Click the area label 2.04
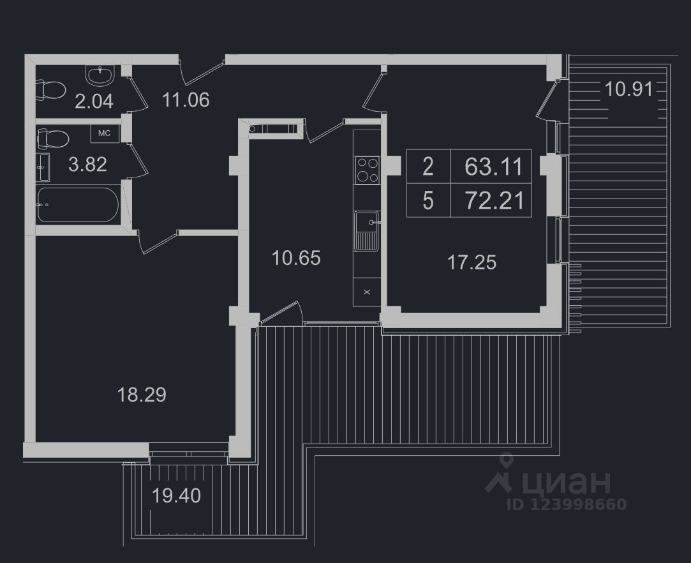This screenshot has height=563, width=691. [x=94, y=101]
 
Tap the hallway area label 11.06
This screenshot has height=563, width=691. [x=186, y=100]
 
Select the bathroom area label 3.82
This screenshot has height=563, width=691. [x=87, y=165]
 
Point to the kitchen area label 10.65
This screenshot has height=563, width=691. [x=295, y=259]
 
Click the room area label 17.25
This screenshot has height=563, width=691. [x=472, y=262]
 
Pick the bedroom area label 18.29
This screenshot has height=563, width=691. [x=142, y=394]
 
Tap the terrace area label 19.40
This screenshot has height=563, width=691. [x=177, y=495]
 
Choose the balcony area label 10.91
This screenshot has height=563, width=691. [x=628, y=89]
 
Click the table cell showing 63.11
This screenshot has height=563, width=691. [x=494, y=167]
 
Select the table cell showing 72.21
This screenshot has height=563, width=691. [x=494, y=201]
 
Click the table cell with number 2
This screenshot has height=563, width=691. [x=427, y=167]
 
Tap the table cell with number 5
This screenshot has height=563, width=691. [x=427, y=201]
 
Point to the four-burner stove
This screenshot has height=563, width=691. [x=367, y=170]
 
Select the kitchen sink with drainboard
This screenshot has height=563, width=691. [x=367, y=230]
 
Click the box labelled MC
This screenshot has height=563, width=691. [x=104, y=133]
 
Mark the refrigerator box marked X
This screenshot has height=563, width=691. [x=367, y=292]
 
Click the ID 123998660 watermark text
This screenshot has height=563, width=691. [x=566, y=504]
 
